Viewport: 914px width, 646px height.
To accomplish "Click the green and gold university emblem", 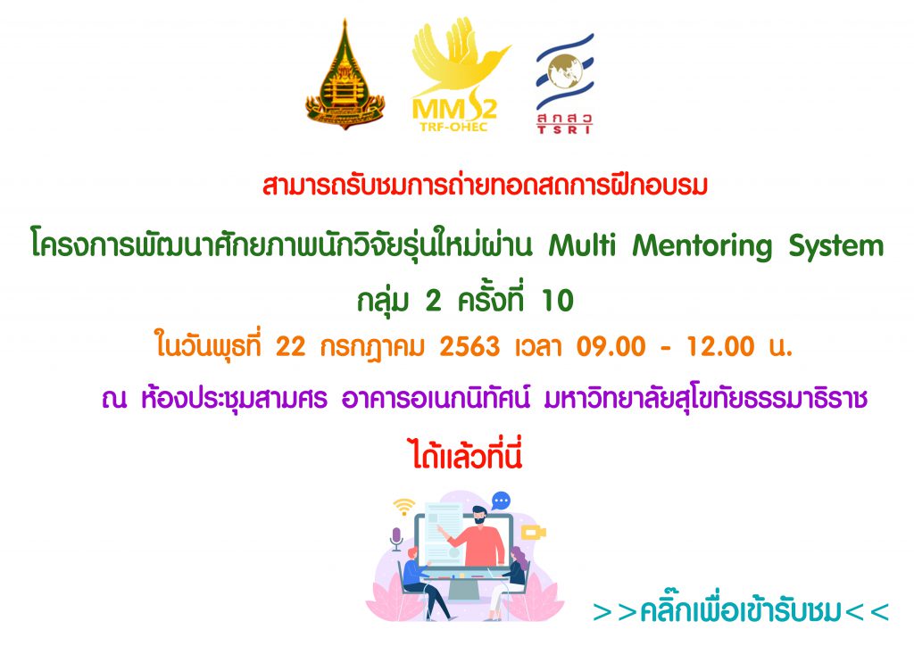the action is pos(345,75).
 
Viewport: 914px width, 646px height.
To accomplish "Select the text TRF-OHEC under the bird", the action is pos(453,127).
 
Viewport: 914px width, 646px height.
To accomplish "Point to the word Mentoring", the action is pos(702,247).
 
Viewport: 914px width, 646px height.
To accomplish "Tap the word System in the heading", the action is pos(836,247).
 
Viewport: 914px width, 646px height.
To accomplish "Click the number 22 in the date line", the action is pos(290,347).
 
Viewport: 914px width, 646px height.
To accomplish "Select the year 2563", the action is pos(469,347).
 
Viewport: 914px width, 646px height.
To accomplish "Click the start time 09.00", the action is pos(611,347).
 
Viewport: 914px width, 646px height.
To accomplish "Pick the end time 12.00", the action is pos(720,347).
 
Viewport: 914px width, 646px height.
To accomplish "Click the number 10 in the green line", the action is pos(558,302).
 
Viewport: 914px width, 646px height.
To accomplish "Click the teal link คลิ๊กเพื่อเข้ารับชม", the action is pos(741,611).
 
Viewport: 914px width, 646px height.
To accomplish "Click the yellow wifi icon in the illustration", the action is pos(404,507).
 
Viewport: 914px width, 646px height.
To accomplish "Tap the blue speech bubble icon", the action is pos(501,501).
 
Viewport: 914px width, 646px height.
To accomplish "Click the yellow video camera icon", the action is pos(533,533).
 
